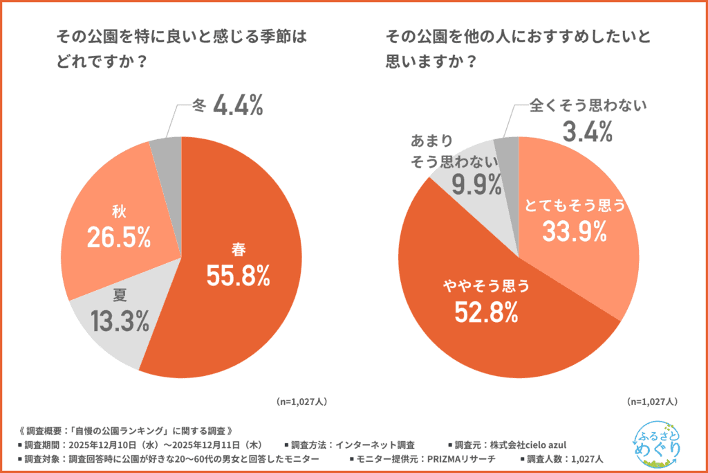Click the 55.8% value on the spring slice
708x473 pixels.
point(237,276)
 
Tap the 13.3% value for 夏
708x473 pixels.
point(120,321)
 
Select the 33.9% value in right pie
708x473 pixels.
point(574,232)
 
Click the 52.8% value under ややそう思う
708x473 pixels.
point(486,313)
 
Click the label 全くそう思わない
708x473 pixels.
point(588,106)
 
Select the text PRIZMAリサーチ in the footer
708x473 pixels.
point(463,459)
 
